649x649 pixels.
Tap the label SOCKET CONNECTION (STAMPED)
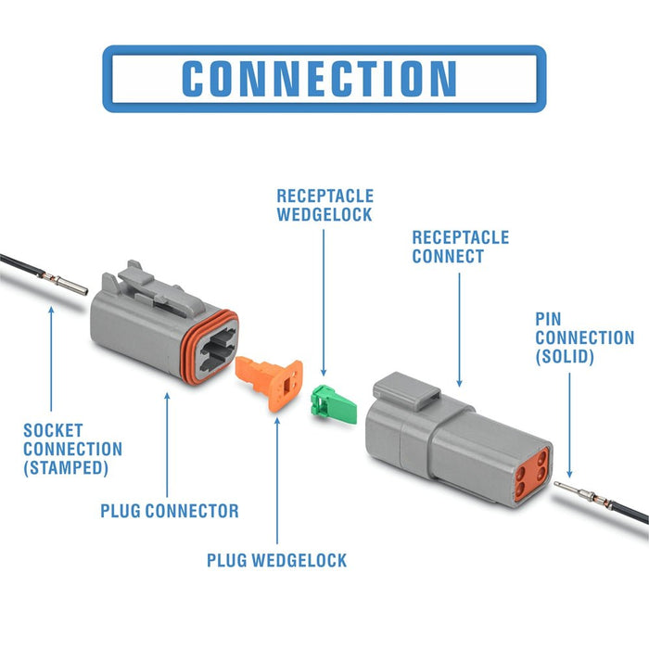click(x=72, y=450)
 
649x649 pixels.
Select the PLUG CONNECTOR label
click(x=170, y=511)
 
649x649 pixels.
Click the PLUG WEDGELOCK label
click(x=277, y=560)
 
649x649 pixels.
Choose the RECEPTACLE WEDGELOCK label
click(x=324, y=205)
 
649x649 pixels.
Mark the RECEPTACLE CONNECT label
click(x=460, y=247)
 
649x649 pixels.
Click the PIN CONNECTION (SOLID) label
click(x=584, y=337)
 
